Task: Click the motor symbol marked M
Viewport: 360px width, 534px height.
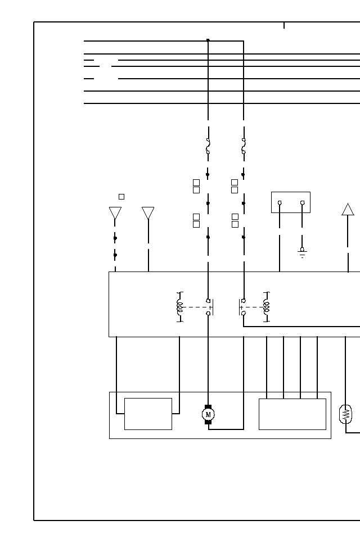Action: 208,414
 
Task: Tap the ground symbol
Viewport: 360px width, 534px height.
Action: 302,252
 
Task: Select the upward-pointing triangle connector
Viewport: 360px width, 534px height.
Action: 348,210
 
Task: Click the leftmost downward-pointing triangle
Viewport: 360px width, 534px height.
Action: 115,212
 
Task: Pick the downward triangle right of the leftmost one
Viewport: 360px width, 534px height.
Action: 148,212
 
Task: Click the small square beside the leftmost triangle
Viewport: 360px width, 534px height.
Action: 121,197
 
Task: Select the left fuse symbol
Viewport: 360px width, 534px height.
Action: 208,146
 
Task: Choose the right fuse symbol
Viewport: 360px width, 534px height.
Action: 244,146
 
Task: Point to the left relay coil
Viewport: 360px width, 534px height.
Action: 180,307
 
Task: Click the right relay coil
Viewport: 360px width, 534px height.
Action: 267,307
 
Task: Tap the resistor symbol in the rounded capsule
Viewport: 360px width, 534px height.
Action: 345,414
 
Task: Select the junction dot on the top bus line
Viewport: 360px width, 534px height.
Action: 208,40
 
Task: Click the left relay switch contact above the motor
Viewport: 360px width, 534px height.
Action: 209,307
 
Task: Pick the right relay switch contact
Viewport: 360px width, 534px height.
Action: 243,307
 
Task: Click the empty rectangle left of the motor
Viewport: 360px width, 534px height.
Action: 148,414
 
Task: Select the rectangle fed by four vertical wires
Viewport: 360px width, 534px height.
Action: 292,414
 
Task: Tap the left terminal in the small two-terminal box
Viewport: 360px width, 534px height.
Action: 280,202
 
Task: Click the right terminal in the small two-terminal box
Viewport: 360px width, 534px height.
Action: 302,202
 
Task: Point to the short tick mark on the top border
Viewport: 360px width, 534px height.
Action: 284,25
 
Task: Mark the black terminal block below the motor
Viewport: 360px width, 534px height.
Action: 208,422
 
